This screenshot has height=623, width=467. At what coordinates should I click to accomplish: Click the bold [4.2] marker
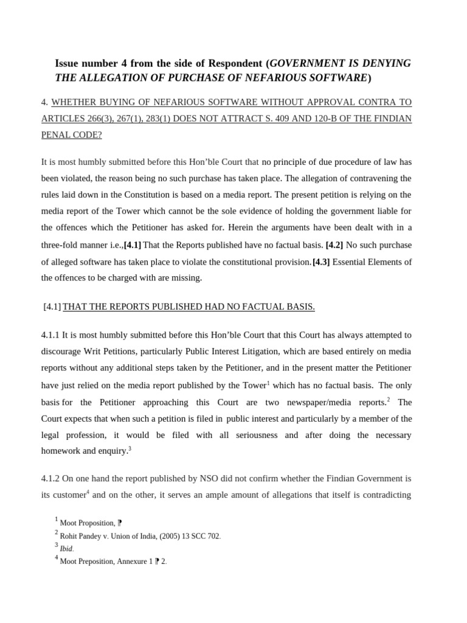tap(334, 245)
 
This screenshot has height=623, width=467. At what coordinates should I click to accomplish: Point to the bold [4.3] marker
tap(321, 262)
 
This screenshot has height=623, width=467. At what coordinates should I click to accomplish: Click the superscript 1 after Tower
tap(268, 383)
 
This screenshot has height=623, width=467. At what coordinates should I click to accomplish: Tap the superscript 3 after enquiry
tap(130, 448)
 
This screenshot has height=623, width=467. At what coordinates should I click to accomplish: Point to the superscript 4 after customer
tap(88, 492)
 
